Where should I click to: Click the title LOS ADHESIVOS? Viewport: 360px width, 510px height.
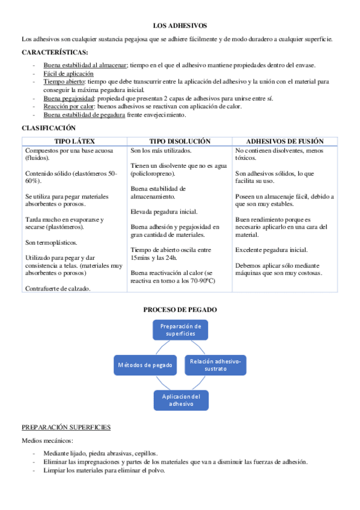(x=180, y=26)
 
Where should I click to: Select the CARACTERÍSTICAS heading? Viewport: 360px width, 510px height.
(x=55, y=52)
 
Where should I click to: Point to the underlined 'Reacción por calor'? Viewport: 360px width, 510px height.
(x=69, y=106)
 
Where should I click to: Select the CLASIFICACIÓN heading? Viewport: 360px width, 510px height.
(x=49, y=127)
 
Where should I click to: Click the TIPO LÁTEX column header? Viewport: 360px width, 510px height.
(x=75, y=141)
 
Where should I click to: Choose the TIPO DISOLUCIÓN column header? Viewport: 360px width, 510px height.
(x=180, y=141)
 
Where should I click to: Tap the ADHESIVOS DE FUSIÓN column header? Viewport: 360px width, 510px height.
(x=285, y=141)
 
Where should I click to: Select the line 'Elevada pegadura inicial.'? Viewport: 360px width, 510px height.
(x=163, y=212)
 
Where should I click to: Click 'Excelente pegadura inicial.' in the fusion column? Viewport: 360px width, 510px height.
(x=272, y=250)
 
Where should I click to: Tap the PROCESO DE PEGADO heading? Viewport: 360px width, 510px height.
(x=180, y=310)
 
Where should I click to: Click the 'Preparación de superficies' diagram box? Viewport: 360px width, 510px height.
(x=180, y=329)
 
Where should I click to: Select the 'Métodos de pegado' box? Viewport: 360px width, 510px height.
(x=145, y=365)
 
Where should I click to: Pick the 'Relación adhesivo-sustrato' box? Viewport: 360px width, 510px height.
(x=215, y=365)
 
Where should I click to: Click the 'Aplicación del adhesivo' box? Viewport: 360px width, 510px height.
(x=181, y=400)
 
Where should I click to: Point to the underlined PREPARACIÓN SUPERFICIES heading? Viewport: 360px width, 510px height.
(x=66, y=427)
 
